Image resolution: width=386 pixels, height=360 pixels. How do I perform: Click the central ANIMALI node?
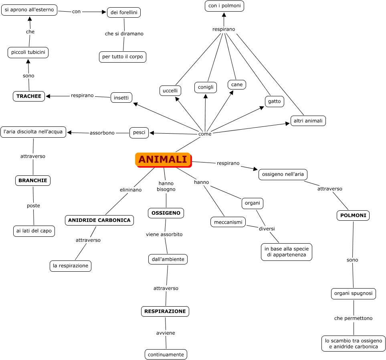(x=163, y=159)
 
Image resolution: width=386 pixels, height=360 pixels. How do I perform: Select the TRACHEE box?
(x=29, y=96)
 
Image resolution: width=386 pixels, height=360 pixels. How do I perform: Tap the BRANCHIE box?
(x=33, y=181)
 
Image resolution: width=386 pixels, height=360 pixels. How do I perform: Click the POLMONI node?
(x=353, y=216)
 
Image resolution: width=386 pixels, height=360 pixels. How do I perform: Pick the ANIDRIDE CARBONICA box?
(x=99, y=220)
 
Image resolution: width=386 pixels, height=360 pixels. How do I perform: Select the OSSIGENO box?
(x=166, y=213)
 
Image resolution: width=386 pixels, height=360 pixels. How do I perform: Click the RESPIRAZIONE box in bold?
(x=165, y=311)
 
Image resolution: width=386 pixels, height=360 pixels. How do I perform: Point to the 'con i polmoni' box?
(x=224, y=6)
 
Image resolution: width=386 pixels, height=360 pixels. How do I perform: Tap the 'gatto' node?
(x=275, y=102)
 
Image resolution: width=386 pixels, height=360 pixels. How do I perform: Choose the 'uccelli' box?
(x=170, y=91)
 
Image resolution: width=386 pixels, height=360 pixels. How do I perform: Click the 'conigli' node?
(x=206, y=87)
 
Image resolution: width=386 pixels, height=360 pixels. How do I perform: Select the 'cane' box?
(x=237, y=84)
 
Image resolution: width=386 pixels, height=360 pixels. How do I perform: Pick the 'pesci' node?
(x=139, y=132)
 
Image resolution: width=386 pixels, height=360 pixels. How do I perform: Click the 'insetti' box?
(x=121, y=98)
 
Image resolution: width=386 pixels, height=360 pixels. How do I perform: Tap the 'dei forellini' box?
(x=124, y=12)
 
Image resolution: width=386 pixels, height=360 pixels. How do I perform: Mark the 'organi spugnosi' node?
(x=354, y=293)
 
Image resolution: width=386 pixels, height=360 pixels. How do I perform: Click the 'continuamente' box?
(x=166, y=354)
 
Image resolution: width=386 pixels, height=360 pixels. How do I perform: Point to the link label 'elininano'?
(x=131, y=190)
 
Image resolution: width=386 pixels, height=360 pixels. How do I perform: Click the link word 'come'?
(x=205, y=134)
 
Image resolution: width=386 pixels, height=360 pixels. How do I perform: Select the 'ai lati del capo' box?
(x=34, y=231)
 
